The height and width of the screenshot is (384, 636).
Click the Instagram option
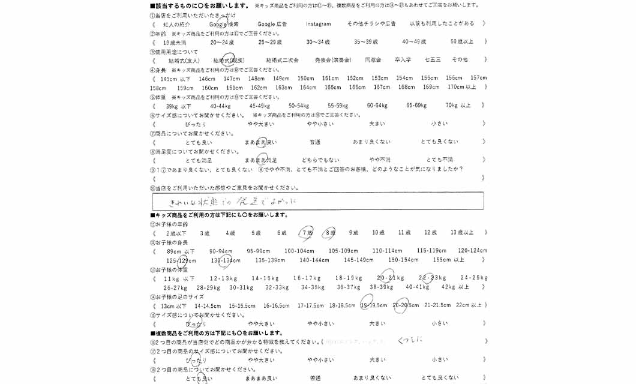coord(318,24)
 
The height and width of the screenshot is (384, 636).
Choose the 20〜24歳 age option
coord(222,42)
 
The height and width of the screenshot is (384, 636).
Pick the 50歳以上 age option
coord(462,42)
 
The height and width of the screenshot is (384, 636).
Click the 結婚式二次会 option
coord(282,60)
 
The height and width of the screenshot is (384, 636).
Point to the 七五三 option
coord(432,60)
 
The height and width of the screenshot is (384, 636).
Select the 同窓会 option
coord(373,60)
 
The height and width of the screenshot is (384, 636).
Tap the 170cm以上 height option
coord(462,88)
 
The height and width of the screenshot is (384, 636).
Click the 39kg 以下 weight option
coord(178,106)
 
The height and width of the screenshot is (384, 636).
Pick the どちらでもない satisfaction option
coord(320,160)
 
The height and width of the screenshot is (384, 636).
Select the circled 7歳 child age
coord(307,233)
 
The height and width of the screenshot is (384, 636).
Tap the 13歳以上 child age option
coord(461,233)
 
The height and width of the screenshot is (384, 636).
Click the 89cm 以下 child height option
coord(181,251)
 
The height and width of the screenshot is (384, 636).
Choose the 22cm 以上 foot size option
coord(469,305)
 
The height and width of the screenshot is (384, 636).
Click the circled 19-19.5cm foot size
coord(373,305)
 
